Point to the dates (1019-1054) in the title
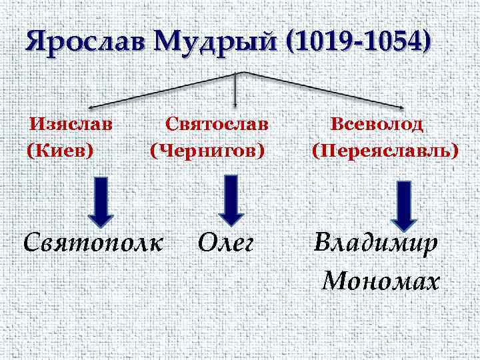point(358,43)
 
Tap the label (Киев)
point(60,150)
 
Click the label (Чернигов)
point(207,150)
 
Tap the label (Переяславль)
point(385,150)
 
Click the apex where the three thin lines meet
point(245,72)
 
